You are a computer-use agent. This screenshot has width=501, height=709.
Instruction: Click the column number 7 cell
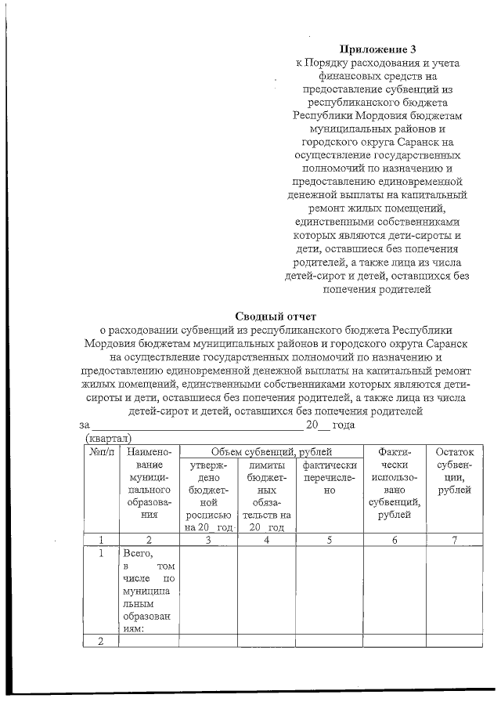[454, 539]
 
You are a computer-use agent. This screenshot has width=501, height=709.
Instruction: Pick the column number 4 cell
[266, 539]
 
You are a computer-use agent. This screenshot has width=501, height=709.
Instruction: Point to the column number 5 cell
[330, 539]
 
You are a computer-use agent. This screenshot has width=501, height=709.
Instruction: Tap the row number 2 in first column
[101, 642]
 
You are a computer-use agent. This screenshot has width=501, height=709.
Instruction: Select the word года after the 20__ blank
[343, 425]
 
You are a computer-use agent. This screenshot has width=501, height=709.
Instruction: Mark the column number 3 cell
[208, 539]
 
